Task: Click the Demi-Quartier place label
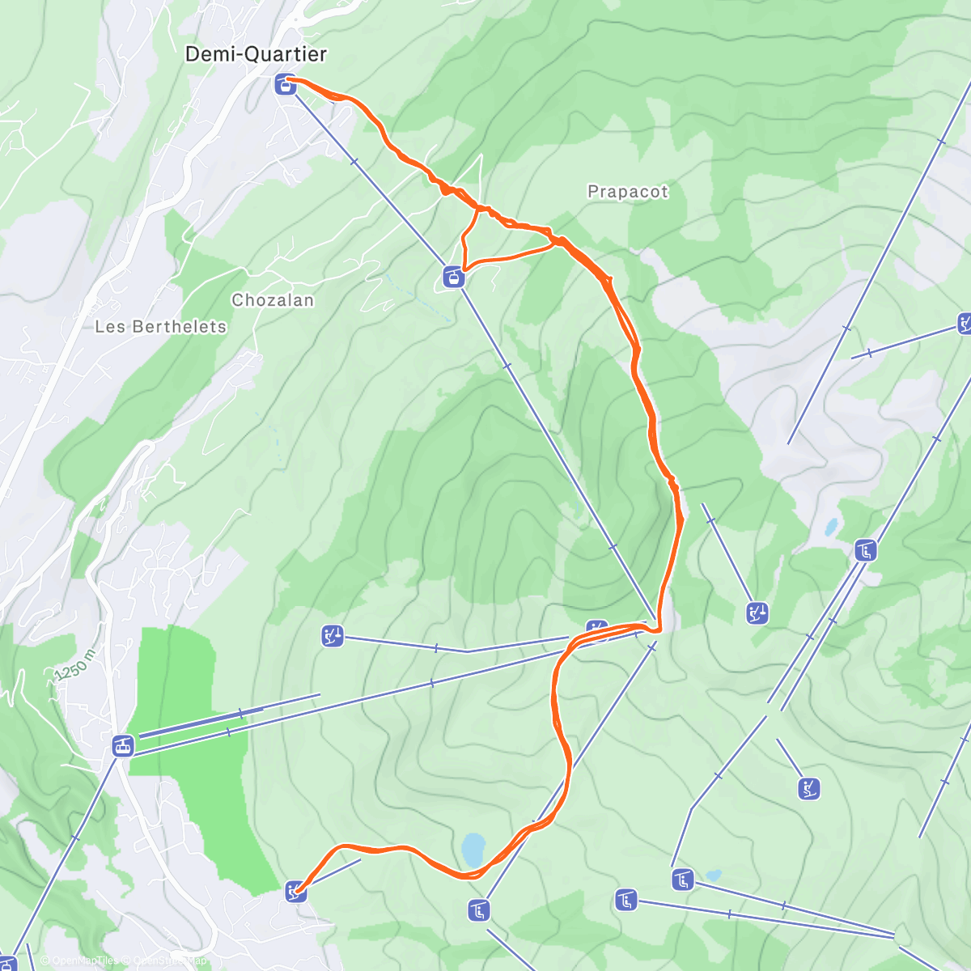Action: click(256, 54)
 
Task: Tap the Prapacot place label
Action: click(628, 192)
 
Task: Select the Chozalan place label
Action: click(273, 300)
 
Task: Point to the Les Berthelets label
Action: click(161, 327)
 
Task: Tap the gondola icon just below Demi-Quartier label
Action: click(285, 84)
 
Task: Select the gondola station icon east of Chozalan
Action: click(454, 278)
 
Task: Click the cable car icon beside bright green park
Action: click(122, 745)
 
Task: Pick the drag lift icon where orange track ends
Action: click(296, 892)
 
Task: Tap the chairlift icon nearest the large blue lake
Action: click(479, 910)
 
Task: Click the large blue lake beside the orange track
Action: click(472, 850)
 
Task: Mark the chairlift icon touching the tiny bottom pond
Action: click(683, 879)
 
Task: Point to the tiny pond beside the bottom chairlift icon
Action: click(713, 875)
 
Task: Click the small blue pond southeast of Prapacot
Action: click(831, 528)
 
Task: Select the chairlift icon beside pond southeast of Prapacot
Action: click(865, 551)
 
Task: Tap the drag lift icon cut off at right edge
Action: click(965, 324)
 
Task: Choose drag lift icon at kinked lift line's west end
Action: click(333, 636)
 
